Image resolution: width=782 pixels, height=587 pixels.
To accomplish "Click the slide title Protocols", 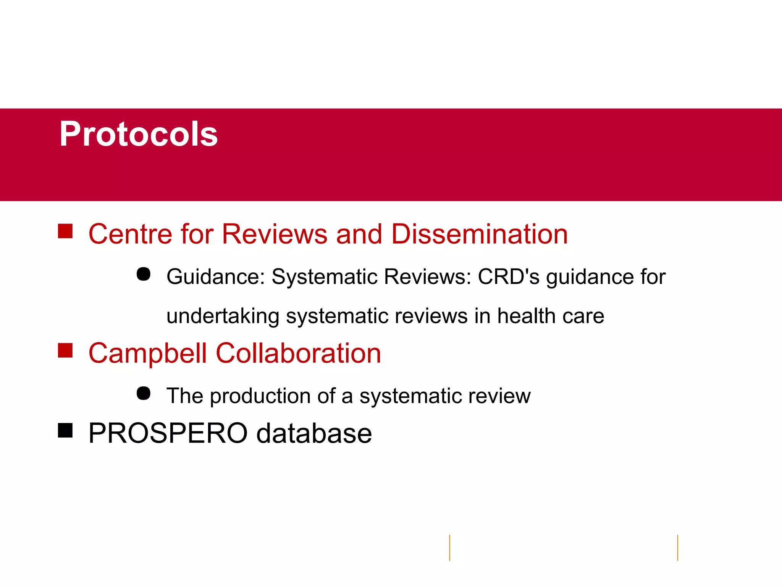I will click(x=139, y=134).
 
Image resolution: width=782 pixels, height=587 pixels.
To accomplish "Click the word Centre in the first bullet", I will click(x=129, y=234).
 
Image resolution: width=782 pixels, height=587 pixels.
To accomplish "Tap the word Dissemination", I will click(x=480, y=234).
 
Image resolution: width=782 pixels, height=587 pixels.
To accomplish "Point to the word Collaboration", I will click(x=298, y=353).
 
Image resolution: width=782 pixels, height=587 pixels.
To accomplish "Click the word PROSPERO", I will click(x=168, y=433).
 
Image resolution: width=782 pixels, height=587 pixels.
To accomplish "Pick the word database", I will click(x=314, y=433).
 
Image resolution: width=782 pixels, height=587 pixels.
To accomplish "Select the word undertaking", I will click(x=223, y=316).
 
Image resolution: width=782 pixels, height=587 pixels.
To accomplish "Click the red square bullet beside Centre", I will click(x=65, y=231).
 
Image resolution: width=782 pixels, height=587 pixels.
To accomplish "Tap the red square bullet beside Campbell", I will click(x=65, y=350).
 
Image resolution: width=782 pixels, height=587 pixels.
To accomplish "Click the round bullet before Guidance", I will click(x=144, y=274).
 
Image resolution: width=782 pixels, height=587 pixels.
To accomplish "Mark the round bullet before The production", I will click(x=144, y=393).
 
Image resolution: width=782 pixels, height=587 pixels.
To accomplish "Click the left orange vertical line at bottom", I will click(x=450, y=548).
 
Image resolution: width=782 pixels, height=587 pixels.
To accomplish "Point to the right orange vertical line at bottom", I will click(x=678, y=548).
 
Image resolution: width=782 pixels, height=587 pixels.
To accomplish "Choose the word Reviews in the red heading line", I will click(x=275, y=234).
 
